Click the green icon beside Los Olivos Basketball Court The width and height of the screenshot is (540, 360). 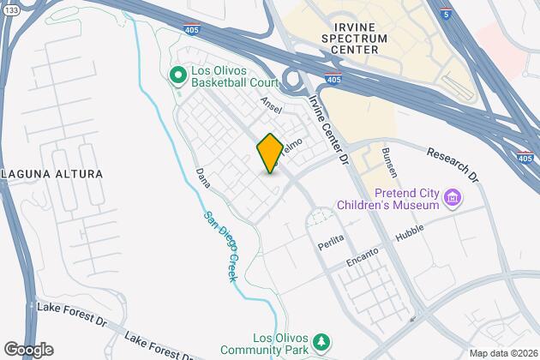coord(178,77)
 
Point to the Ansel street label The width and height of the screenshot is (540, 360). coord(271,107)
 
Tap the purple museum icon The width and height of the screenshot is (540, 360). coord(454,200)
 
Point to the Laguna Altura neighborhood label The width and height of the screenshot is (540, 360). coord(51,174)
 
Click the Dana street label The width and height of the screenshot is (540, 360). coord(203,177)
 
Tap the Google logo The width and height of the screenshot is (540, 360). coord(27,350)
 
